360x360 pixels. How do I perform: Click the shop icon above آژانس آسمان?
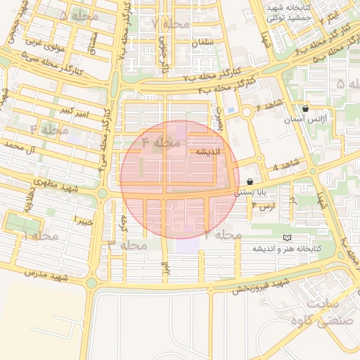(305, 109)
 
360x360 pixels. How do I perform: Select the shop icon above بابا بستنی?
(250, 181)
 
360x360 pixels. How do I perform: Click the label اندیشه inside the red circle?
(208, 152)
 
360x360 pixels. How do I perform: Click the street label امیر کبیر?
(73, 111)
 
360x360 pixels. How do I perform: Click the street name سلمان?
(201, 43)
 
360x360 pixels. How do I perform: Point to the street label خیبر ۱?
(84, 221)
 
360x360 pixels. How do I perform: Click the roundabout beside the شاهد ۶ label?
(247, 112)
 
